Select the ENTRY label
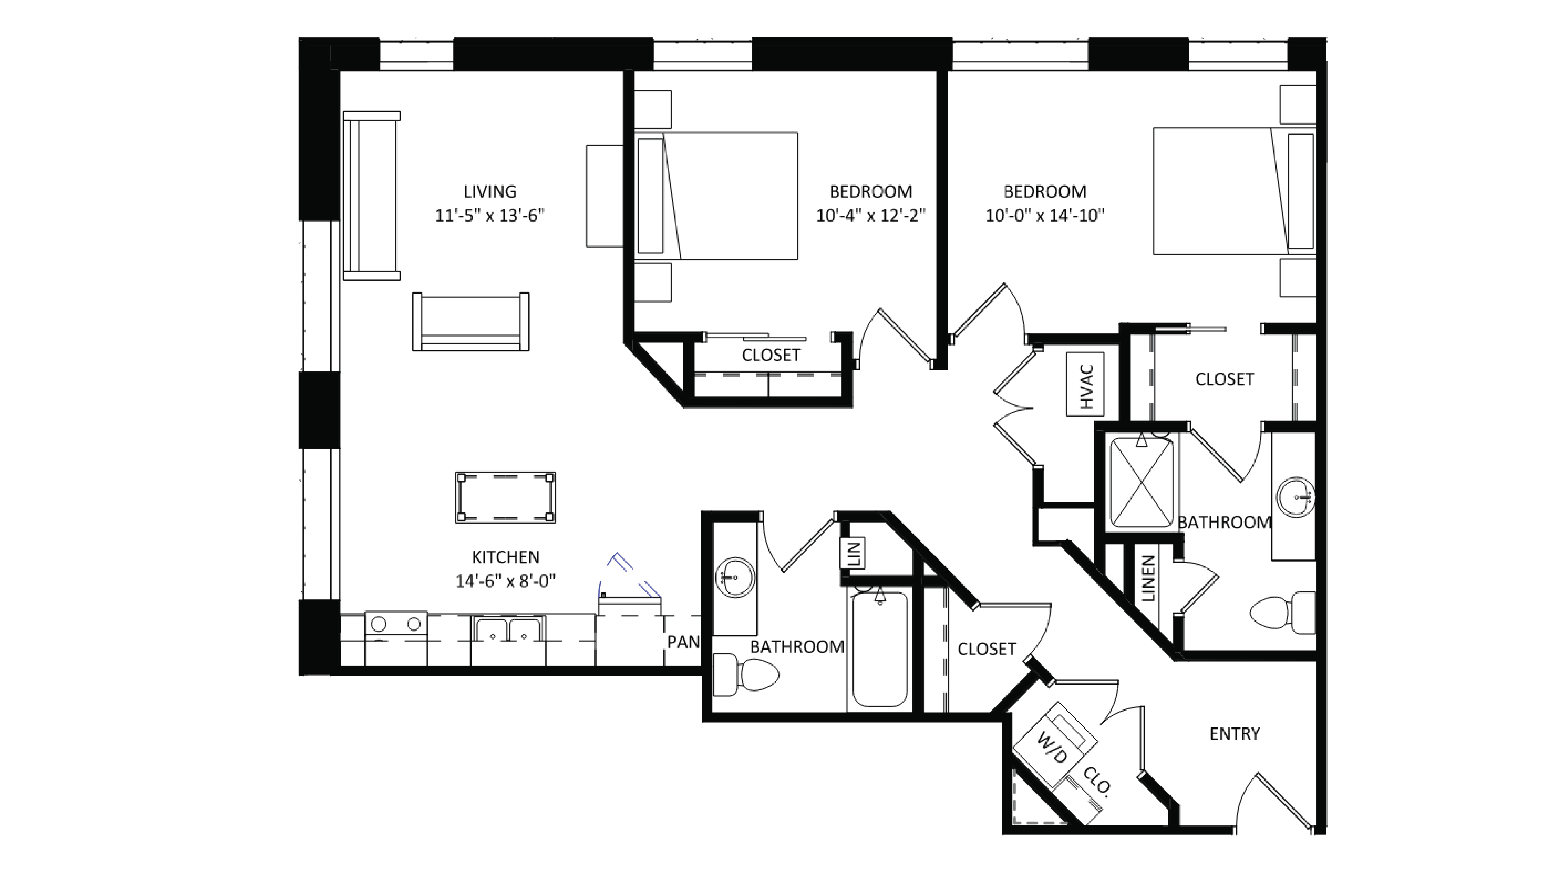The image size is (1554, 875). pyautogui.click(x=1234, y=734)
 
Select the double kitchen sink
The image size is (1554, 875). pyautogui.click(x=508, y=629)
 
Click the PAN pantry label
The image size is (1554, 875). pyautogui.click(x=682, y=642)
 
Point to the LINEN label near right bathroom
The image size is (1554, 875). pyautogui.click(x=1148, y=579)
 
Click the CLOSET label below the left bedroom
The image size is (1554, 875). pyautogui.click(x=771, y=355)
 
